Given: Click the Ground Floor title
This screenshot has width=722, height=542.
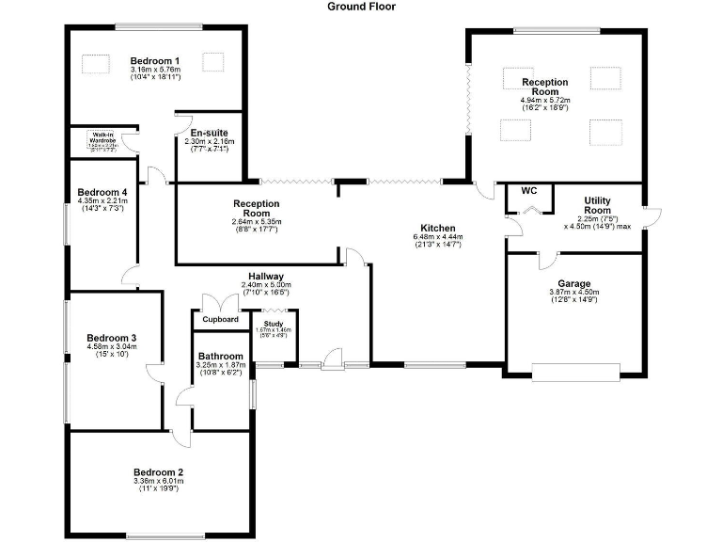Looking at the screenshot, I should coord(361,7).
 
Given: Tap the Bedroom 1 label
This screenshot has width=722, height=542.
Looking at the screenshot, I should coord(155,61).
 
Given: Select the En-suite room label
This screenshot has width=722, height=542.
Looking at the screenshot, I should coord(208,133).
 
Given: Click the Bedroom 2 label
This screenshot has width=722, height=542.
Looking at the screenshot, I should coord(158,472).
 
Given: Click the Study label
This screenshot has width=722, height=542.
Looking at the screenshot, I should coord(274,323).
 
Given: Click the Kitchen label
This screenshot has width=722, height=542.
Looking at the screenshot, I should coord(438,229).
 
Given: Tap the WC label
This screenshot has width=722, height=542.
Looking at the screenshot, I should coord(528,190).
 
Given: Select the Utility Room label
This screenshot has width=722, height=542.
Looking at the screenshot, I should coord(598,205).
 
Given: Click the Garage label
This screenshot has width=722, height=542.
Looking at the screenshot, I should coord(573,283).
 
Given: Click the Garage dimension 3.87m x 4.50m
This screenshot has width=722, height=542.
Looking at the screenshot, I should coord(573,293).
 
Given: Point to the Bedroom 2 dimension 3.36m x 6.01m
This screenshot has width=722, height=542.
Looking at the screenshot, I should coord(158,482).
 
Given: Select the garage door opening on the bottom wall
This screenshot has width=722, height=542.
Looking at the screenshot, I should coord(575,373).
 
